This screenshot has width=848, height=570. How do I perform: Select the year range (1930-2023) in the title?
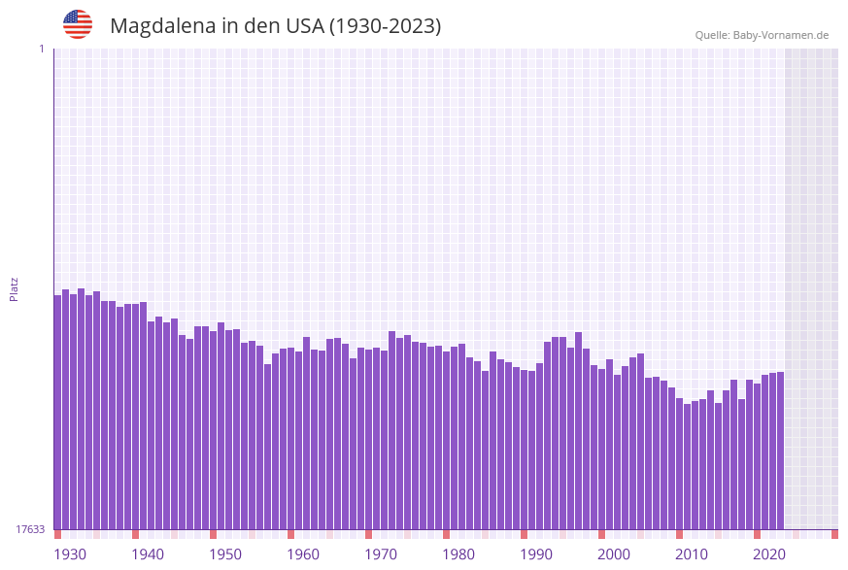tap(386, 26)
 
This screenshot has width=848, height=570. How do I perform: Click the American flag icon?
tap(78, 24)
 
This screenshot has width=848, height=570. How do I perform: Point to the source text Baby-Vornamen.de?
tap(781, 35)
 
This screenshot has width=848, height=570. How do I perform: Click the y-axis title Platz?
tap(15, 288)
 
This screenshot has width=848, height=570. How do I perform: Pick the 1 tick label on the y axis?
tap(41, 49)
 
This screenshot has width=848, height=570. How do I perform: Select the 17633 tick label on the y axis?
tap(30, 529)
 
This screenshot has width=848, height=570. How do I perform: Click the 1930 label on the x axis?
tap(70, 554)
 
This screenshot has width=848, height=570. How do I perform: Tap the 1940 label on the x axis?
tap(148, 554)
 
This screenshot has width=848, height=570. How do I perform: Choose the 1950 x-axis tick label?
tap(225, 554)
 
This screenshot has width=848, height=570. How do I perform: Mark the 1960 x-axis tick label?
tap(303, 554)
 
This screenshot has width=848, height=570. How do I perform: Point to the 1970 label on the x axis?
tap(381, 554)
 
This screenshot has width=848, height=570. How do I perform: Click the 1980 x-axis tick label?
tap(458, 554)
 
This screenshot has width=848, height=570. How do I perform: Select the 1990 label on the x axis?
tap(536, 554)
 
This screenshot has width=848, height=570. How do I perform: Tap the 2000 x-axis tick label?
tap(614, 554)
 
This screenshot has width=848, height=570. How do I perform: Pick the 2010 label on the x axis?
tap(692, 554)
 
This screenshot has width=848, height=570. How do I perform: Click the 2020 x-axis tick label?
tap(769, 554)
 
